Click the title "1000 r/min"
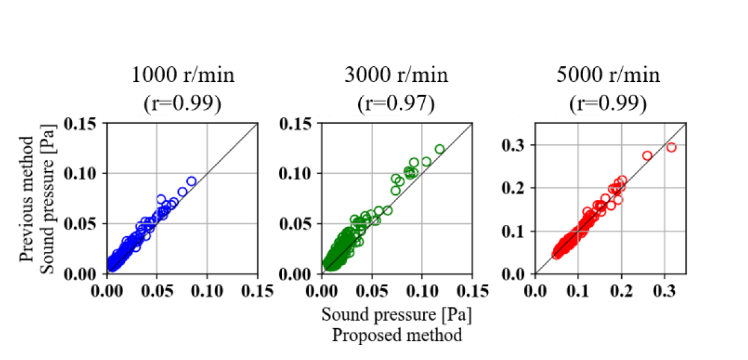click(183, 76)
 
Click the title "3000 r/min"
click(396, 76)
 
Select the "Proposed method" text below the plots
click(397, 335)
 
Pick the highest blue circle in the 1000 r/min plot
click(191, 181)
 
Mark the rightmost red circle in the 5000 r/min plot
click(671, 147)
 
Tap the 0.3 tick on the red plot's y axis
click(514, 145)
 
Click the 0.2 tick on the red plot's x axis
click(621, 292)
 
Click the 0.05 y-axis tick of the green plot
click(300, 224)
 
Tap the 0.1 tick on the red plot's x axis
click(578, 292)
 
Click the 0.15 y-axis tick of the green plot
click(300, 123)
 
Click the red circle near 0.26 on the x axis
click(647, 156)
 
